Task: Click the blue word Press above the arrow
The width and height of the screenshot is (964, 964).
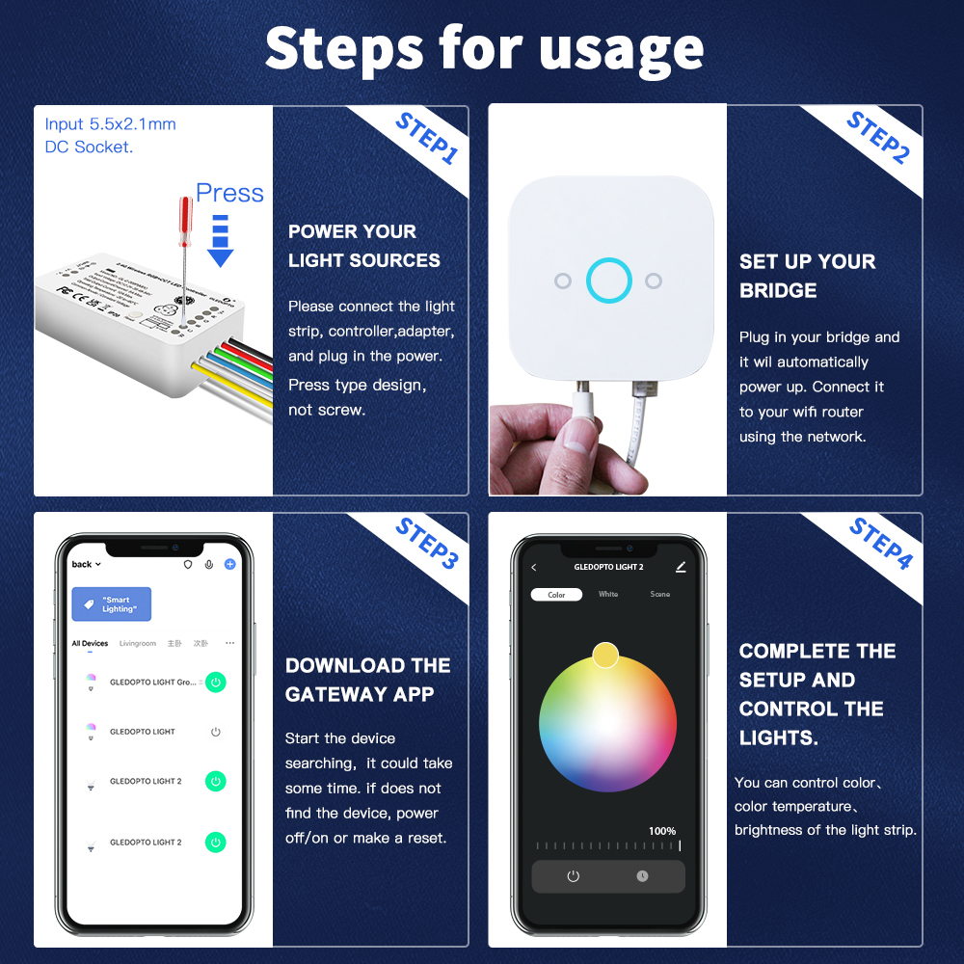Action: tap(229, 193)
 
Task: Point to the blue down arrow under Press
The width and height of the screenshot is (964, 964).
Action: tap(221, 241)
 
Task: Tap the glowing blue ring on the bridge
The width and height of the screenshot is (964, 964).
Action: tap(609, 281)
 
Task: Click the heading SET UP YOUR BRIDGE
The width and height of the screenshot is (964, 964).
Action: tap(807, 276)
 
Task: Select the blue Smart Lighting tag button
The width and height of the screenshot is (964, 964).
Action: tap(111, 604)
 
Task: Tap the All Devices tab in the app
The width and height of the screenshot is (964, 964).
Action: tap(90, 643)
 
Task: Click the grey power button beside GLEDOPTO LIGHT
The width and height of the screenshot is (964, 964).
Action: tap(216, 732)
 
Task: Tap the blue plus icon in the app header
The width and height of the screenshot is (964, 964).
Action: tap(229, 564)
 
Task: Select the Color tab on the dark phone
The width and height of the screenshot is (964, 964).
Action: tap(556, 595)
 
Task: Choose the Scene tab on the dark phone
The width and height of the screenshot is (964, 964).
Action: tap(660, 595)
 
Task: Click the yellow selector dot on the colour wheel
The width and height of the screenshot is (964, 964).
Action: tap(605, 656)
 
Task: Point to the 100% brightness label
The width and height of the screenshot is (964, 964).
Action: tap(662, 831)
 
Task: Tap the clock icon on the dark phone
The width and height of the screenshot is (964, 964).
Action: tap(642, 876)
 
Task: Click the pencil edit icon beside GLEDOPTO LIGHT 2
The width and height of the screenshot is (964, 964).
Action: tap(681, 567)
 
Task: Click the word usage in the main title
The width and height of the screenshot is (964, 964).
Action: tap(622, 48)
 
